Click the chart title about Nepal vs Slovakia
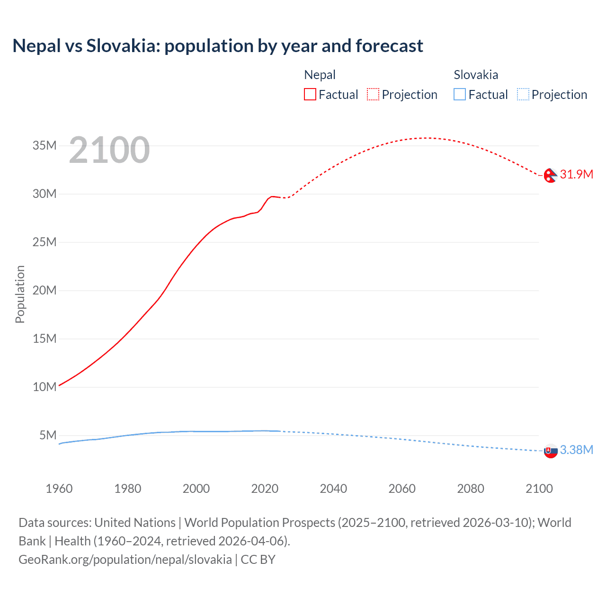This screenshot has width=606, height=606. (x=218, y=46)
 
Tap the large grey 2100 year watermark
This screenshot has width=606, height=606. (x=109, y=150)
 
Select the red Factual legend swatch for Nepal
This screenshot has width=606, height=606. (x=310, y=95)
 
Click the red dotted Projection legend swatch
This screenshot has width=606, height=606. (x=373, y=95)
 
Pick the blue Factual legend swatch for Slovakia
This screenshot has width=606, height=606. (x=460, y=95)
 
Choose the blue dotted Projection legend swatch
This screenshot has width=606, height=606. (x=523, y=95)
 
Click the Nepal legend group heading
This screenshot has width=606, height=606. (x=320, y=75)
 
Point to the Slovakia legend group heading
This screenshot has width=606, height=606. (x=476, y=75)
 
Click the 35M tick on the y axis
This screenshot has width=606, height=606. (x=45, y=145)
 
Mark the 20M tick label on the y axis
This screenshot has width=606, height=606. (x=45, y=290)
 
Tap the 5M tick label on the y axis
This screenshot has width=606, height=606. (x=48, y=435)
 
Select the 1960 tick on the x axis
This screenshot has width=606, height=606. (x=59, y=489)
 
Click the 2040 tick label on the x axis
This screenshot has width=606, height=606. (x=333, y=489)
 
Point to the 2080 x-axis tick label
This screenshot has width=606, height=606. (x=471, y=489)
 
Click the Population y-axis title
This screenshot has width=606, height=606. (x=20, y=294)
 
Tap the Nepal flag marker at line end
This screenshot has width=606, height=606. (x=551, y=175)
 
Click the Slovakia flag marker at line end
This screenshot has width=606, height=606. (x=551, y=451)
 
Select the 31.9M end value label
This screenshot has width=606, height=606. (x=576, y=174)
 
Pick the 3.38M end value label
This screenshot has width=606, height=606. (x=576, y=450)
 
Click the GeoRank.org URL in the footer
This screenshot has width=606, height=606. (x=125, y=560)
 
